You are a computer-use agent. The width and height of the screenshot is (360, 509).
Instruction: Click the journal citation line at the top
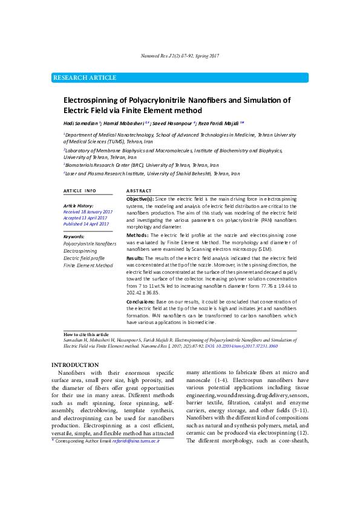tap(180, 56)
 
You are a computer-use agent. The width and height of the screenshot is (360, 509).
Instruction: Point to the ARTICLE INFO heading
tap(80, 190)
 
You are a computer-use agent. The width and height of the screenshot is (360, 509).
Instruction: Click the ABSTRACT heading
tap(139, 190)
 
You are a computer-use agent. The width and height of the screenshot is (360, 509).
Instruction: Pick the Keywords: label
tap(74, 236)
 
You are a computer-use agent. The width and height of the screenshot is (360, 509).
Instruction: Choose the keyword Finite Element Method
tap(88, 265)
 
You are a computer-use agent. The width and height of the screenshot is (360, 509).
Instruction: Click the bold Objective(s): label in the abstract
tap(140, 199)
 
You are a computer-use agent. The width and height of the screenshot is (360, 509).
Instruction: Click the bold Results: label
tap(136, 258)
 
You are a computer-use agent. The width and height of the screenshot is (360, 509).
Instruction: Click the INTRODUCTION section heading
tap(75, 365)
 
